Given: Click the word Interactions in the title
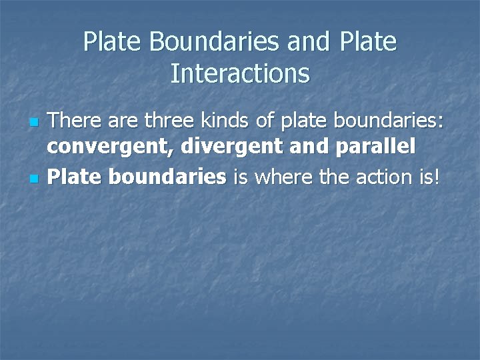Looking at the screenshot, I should pos(240,73).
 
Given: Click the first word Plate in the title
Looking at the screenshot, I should pos(113,42).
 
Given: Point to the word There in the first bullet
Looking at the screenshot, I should pos(73,121).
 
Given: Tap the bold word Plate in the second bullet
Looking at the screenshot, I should pos(76,177).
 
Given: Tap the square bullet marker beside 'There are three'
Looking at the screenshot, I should pos(35,124).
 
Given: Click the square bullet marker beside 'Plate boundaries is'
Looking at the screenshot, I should pos(35,179).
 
